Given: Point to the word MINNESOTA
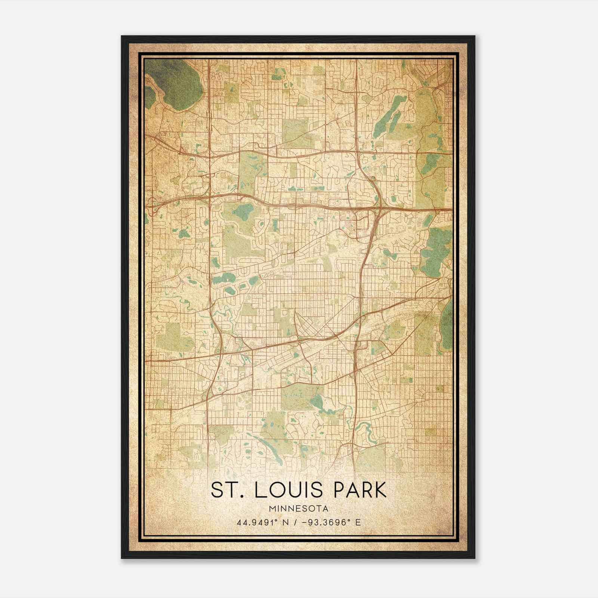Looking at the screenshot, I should point(299,509).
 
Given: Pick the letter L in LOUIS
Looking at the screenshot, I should point(259,490).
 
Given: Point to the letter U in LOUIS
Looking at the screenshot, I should point(298,490).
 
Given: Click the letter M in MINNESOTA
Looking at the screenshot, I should point(271,509).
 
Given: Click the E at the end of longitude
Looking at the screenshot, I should point(358,523).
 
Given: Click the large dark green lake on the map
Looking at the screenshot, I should point(176,84).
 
